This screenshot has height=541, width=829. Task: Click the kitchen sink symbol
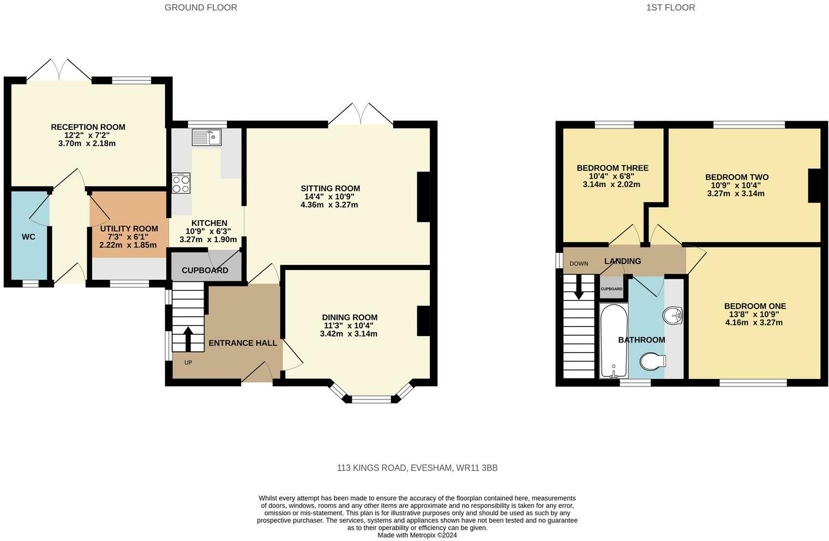point(207,137)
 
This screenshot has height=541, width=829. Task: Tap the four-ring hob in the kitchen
point(181,183)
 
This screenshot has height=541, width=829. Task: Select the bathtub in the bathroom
point(614,341)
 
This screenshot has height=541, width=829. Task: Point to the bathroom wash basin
point(673,316)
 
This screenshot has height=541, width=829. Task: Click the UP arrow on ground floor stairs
point(188,339)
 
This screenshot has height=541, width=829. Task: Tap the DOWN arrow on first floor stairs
point(579,286)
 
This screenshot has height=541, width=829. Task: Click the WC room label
point(28,237)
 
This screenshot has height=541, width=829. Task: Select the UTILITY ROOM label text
point(129,229)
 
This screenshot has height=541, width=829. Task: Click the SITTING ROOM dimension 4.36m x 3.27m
point(329,205)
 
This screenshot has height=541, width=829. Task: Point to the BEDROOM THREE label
point(612,168)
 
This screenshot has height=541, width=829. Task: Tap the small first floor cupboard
point(611,288)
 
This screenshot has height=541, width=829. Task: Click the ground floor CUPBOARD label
point(205,270)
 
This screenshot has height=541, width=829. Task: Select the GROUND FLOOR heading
point(201,8)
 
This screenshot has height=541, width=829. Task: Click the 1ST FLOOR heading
point(671,8)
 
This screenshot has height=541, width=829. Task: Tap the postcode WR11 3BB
point(477,468)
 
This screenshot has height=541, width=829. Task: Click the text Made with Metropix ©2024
point(417,535)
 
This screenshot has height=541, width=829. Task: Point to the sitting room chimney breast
point(424,197)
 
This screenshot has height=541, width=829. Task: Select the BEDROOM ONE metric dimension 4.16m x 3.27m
point(754,322)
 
